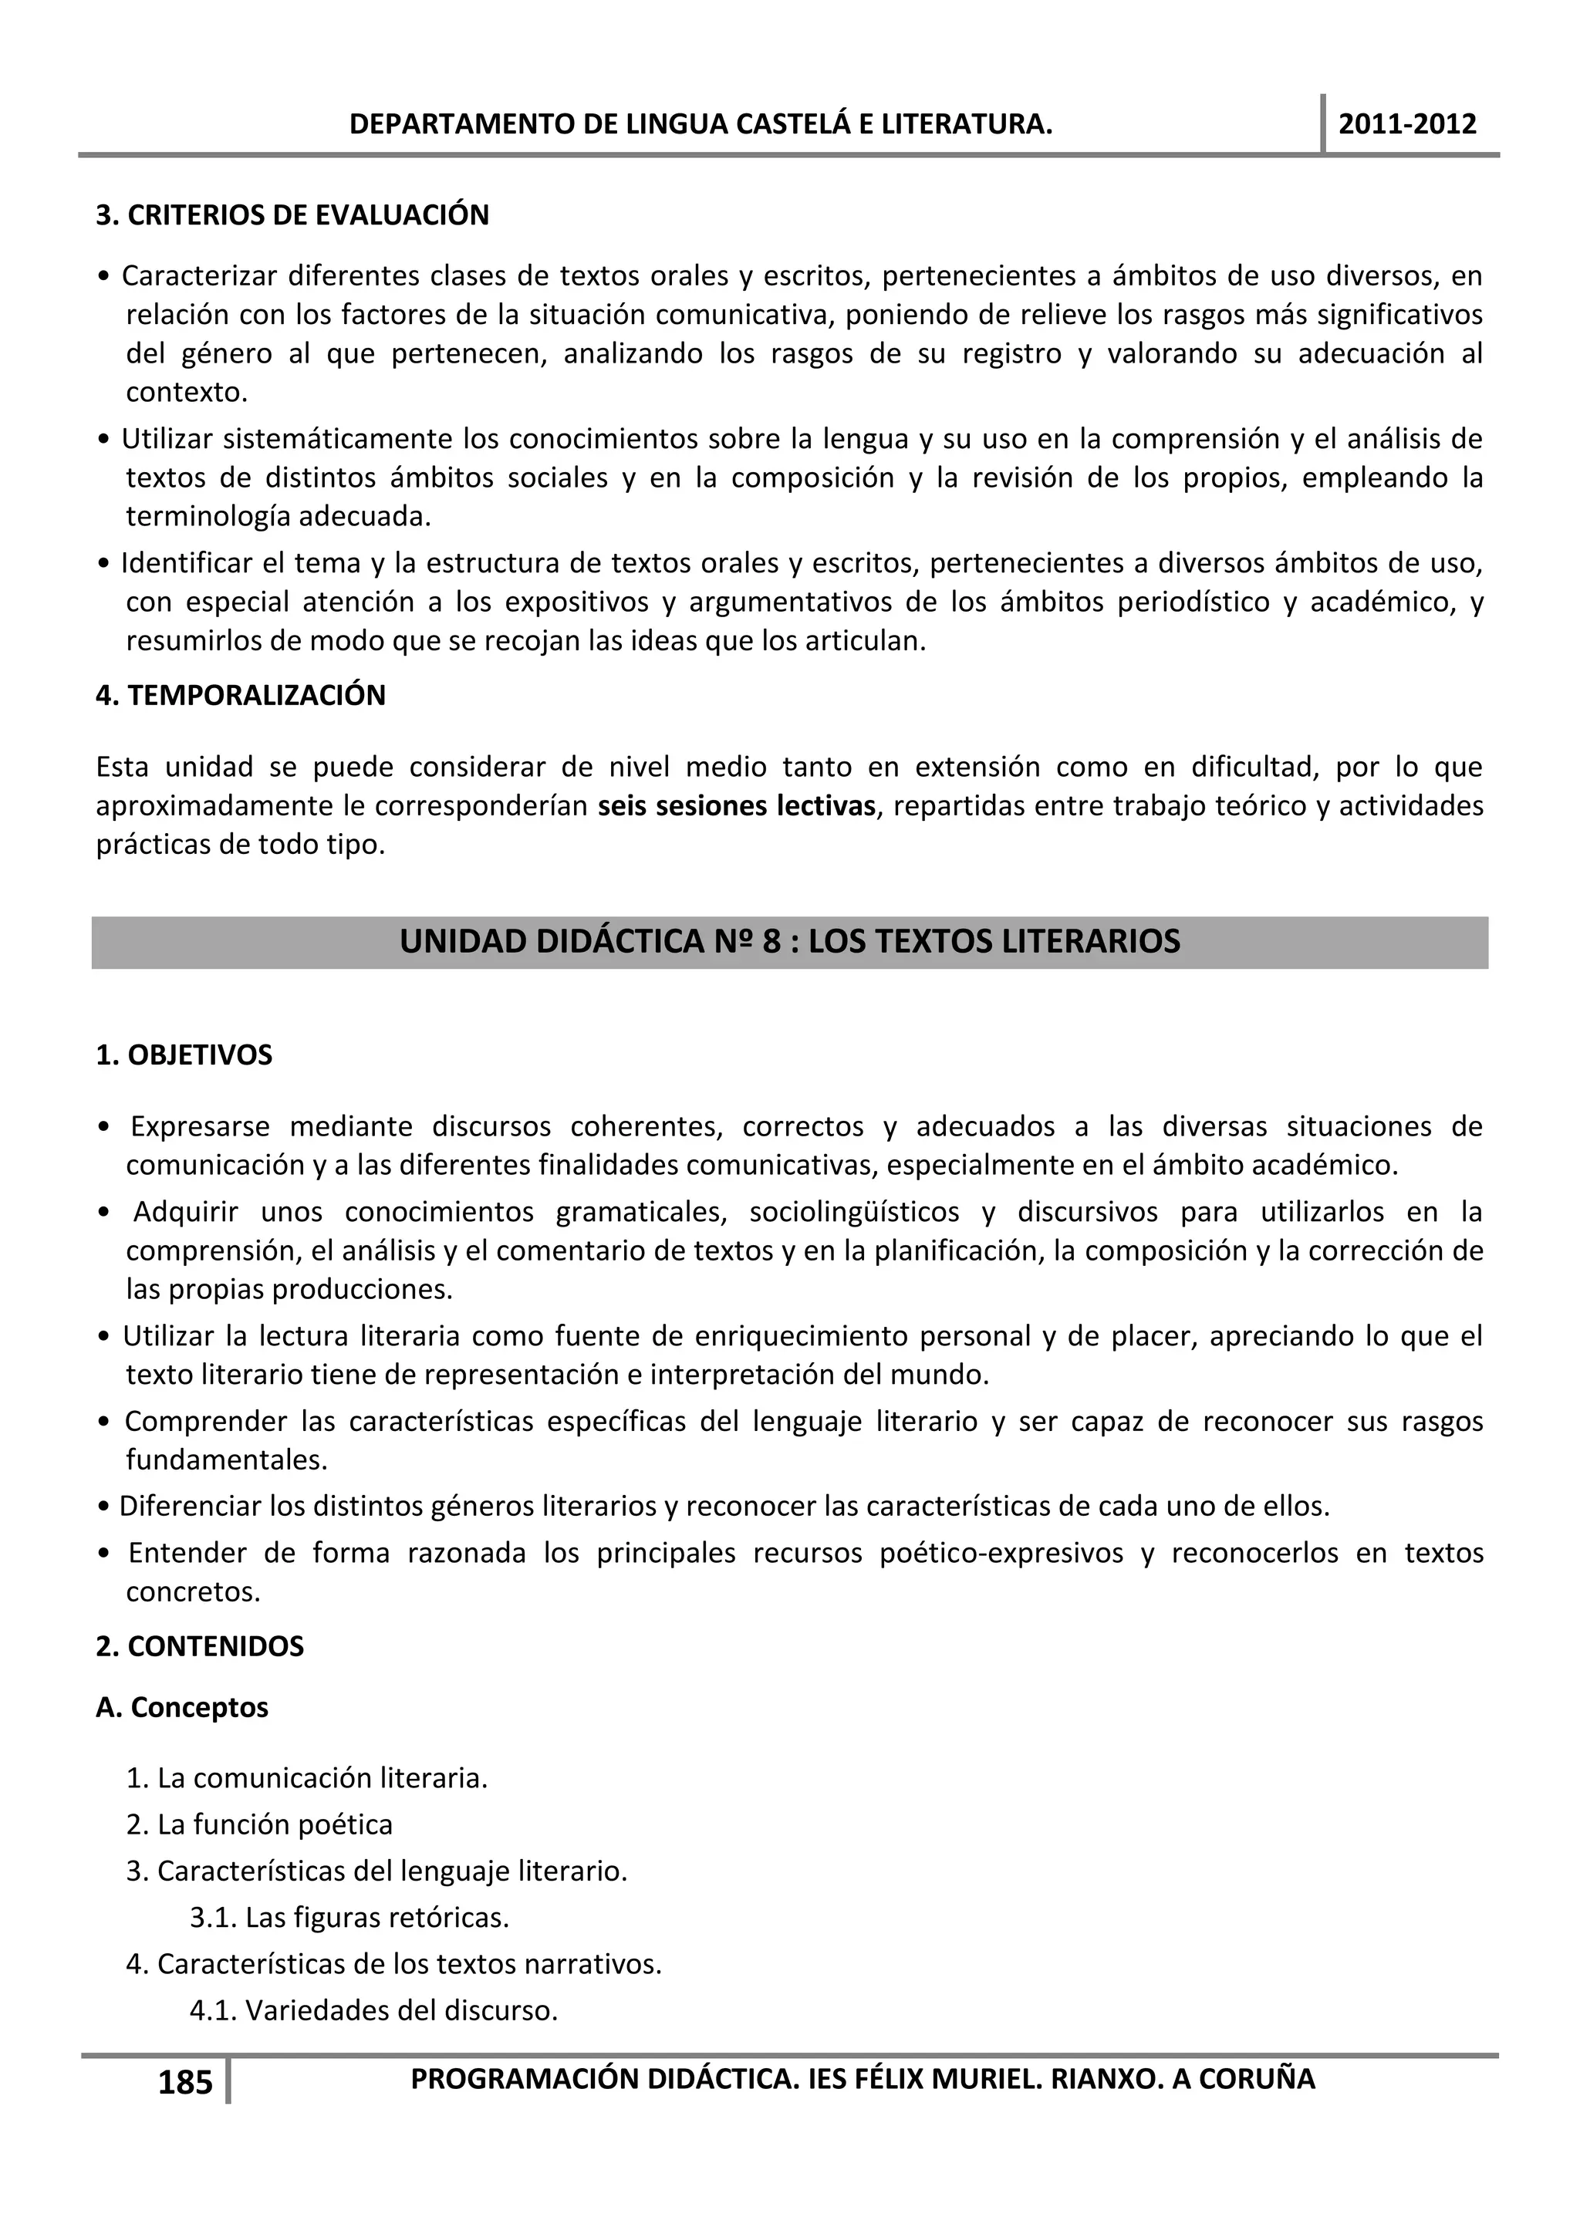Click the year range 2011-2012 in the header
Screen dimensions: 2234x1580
coord(1407,124)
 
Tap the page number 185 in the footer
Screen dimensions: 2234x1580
coord(185,2082)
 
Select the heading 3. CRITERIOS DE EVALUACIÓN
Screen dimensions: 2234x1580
coord(292,215)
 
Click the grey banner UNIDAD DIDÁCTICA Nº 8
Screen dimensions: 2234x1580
coord(789,942)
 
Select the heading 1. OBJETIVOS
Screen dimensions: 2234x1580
coord(184,1056)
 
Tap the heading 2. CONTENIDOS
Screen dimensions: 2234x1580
coord(200,1646)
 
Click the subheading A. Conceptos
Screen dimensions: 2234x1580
coord(182,1708)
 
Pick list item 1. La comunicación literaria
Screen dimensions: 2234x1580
coord(306,1779)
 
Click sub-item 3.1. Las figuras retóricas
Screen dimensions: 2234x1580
coord(349,1918)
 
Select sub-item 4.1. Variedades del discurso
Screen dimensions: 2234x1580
coord(373,2011)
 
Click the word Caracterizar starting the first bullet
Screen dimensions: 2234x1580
coord(200,276)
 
